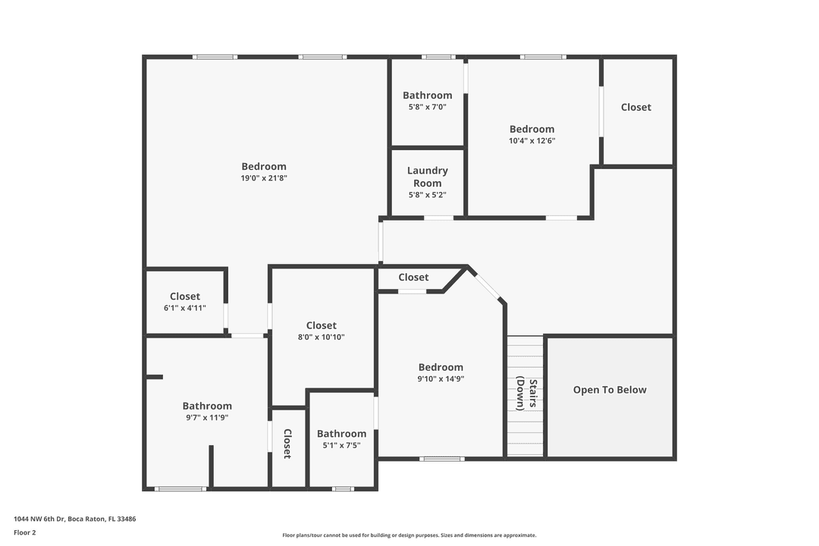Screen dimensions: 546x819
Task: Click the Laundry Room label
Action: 427,177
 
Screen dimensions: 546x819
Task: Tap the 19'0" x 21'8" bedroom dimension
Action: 264,178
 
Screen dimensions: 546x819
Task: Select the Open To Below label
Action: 610,390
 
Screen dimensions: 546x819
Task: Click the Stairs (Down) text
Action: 526,394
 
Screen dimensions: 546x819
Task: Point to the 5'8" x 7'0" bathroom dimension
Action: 427,107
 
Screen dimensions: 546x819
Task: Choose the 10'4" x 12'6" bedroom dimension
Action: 532,140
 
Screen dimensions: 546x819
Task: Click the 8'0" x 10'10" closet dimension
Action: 321,337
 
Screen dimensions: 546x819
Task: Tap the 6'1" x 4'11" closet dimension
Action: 184,308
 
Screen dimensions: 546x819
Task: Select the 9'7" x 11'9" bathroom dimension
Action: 207,417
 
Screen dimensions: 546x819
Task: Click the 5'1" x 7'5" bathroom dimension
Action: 341,445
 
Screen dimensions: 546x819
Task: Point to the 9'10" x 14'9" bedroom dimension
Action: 441,378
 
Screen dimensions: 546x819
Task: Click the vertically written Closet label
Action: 287,444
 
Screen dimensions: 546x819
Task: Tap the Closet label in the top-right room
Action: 635,107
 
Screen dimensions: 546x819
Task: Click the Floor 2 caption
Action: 24,532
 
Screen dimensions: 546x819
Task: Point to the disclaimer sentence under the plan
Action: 409,535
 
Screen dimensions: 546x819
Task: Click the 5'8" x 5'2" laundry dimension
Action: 427,195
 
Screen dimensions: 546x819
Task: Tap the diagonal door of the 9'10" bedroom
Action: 487,286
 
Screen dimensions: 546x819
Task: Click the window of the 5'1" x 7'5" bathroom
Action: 343,488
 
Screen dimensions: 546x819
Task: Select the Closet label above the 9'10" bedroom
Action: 413,278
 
